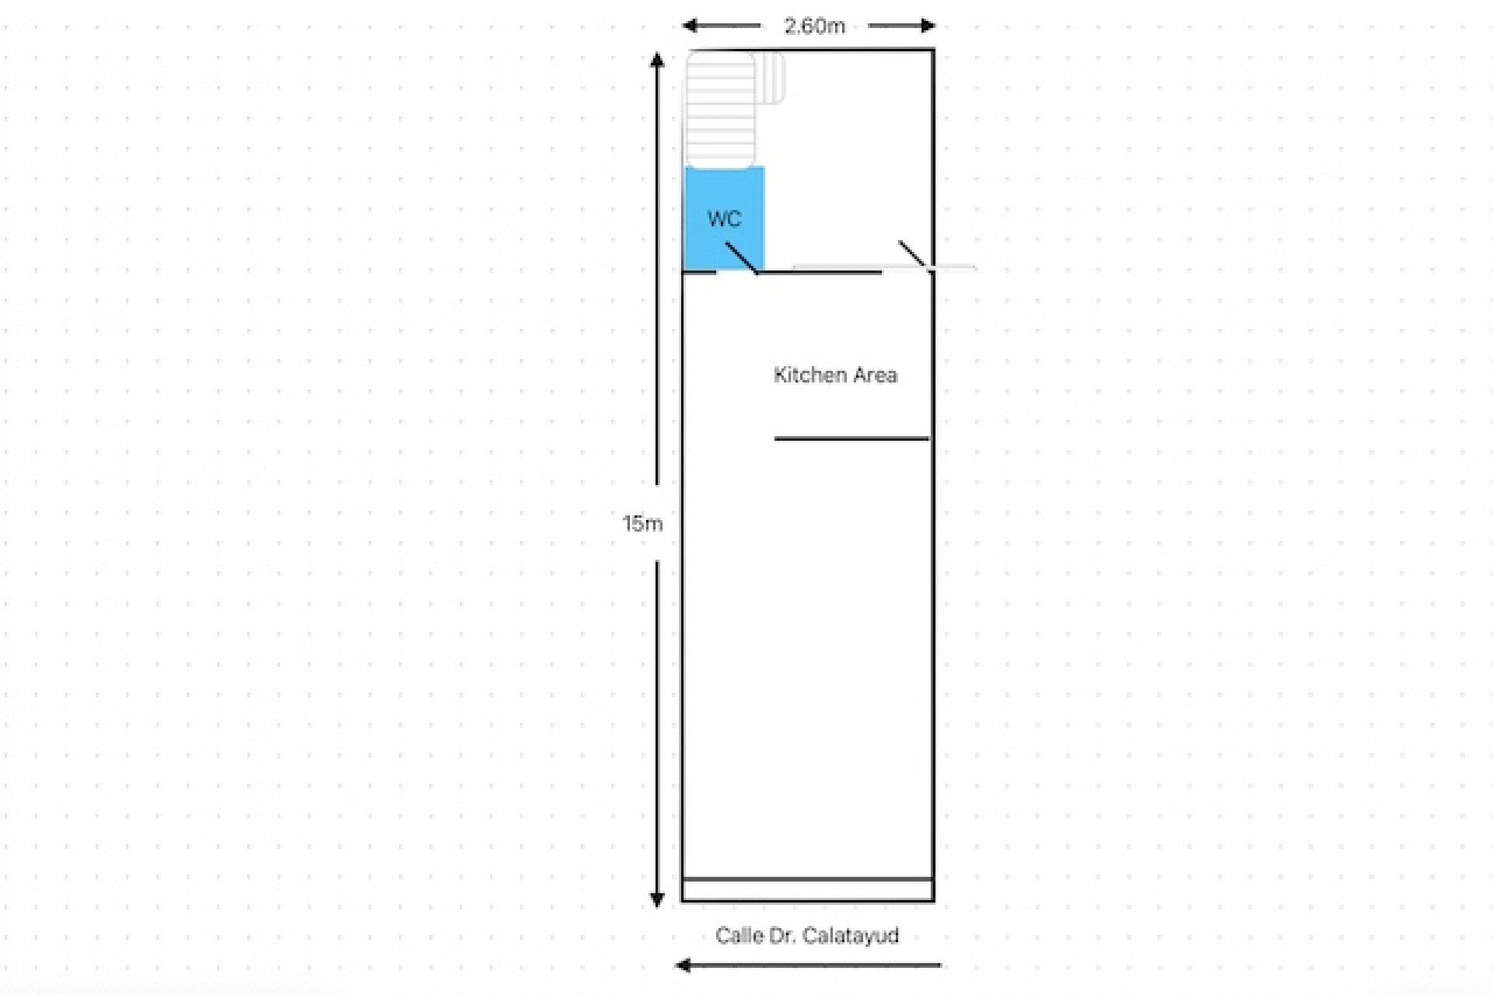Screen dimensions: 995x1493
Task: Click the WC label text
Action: pyautogui.click(x=724, y=218)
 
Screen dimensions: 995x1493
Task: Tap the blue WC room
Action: pyautogui.click(x=724, y=194)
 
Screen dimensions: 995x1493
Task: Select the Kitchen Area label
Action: pyautogui.click(x=835, y=375)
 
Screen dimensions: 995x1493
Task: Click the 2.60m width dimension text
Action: pyautogui.click(x=814, y=26)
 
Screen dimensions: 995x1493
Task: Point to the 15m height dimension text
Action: pyautogui.click(x=642, y=523)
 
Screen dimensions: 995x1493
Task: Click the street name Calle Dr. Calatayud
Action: pyautogui.click(x=807, y=935)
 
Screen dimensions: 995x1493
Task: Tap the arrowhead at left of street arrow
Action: pyautogui.click(x=683, y=965)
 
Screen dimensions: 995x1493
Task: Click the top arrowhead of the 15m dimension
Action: pyautogui.click(x=657, y=60)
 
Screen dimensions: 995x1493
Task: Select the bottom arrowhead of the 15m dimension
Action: pyautogui.click(x=657, y=900)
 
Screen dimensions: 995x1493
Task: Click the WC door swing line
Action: pyautogui.click(x=741, y=257)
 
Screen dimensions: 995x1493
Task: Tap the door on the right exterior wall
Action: pyautogui.click(x=913, y=255)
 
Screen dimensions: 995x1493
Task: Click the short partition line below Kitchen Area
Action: pyautogui.click(x=851, y=438)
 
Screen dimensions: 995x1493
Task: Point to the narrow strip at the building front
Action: pyautogui.click(x=808, y=890)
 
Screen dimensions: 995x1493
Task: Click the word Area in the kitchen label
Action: pyautogui.click(x=875, y=375)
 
